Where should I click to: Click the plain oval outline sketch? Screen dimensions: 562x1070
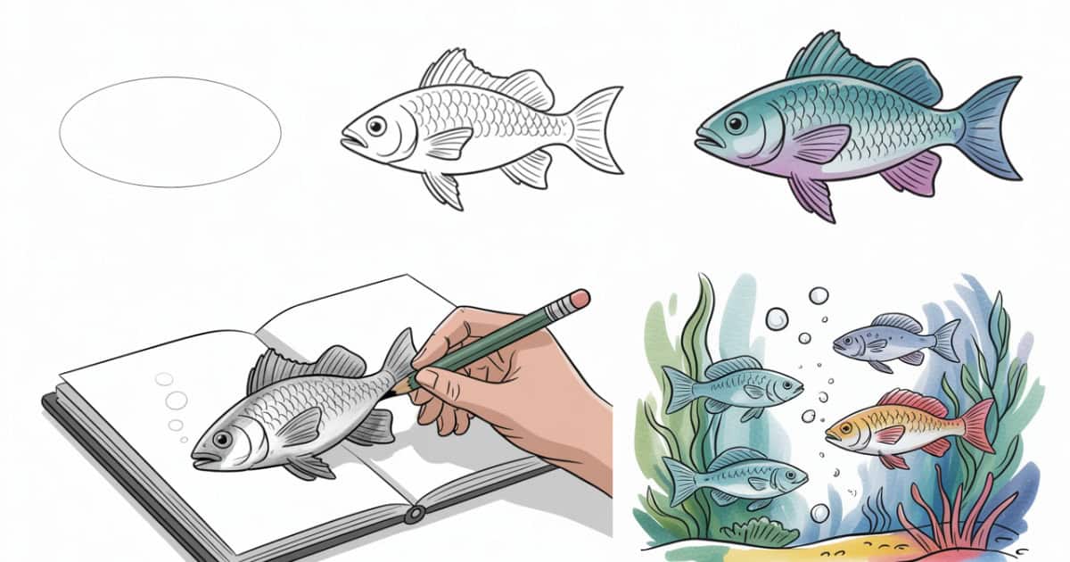click(169, 132)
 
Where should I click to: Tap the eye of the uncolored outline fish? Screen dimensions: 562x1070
click(377, 126)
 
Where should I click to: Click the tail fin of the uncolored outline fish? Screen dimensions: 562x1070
click(597, 128)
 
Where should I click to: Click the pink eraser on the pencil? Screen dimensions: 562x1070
click(580, 299)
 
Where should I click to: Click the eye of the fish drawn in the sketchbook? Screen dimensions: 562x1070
click(220, 439)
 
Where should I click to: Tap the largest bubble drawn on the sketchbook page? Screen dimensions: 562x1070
click(177, 399)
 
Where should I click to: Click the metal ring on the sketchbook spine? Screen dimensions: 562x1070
click(413, 515)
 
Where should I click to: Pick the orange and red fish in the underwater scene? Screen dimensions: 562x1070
click(901, 425)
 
